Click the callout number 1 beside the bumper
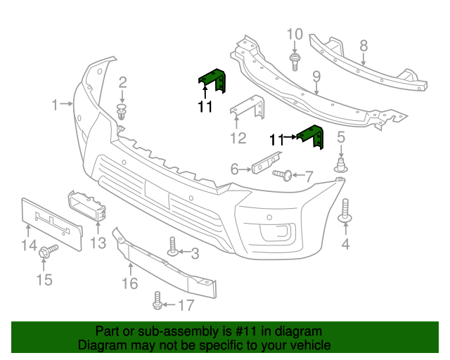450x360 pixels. (55, 105)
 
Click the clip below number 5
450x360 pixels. (341, 166)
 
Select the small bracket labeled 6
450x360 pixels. (266, 162)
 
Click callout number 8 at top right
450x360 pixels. (363, 46)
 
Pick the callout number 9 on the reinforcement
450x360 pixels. (316, 75)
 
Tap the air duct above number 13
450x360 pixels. (89, 205)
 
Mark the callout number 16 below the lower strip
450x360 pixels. (129, 283)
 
